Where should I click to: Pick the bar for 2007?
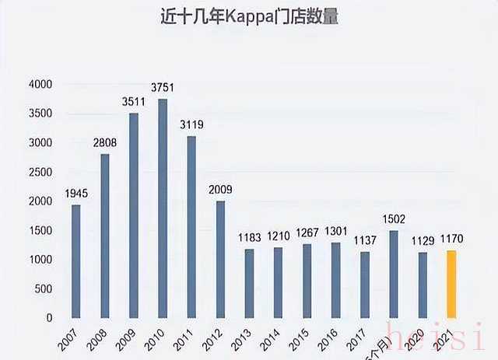coord(76,261)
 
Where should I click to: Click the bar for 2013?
coord(249,284)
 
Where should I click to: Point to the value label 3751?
coord(163,89)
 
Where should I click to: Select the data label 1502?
coord(394,220)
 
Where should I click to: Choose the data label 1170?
coord(452,239)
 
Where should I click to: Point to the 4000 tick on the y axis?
coord(40,84)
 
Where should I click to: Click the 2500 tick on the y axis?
coord(40,172)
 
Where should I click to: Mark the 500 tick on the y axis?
coord(44,288)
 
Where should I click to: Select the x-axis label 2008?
coord(97,340)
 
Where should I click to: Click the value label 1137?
coord(364,241)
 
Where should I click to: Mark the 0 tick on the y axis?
coord(49,318)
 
